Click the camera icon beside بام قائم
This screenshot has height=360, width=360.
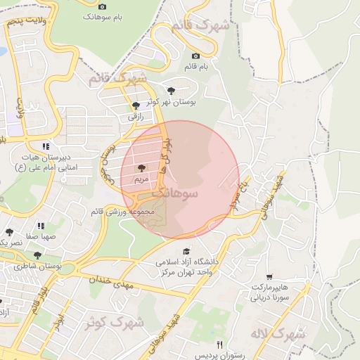point(195,56)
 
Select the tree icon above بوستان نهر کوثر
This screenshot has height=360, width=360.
point(171,91)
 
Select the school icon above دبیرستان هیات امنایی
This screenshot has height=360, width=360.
point(46,146)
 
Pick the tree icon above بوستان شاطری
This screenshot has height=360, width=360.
point(37,255)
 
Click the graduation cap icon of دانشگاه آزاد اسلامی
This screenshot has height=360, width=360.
point(186,251)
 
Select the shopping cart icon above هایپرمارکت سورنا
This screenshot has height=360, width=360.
point(270,276)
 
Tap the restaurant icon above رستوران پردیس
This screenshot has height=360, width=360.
point(219,344)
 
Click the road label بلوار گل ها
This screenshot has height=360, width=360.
point(166,155)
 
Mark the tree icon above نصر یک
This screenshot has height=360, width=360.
point(9,231)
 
